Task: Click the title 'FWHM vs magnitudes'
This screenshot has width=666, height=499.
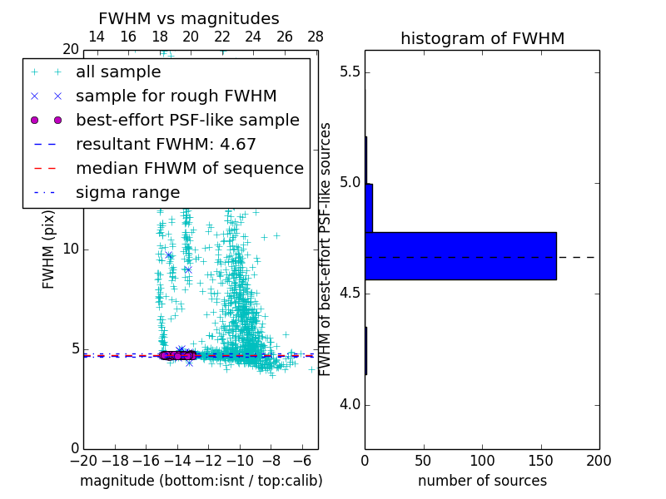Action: click(188, 18)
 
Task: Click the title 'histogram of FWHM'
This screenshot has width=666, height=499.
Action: click(482, 38)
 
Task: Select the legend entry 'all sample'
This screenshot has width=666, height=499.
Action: click(118, 72)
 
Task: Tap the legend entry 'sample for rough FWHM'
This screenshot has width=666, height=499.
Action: click(176, 96)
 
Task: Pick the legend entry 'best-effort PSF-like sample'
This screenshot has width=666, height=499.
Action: click(187, 120)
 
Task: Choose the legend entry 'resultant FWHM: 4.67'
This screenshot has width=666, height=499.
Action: click(166, 144)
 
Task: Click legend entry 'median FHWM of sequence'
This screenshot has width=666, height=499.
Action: click(189, 168)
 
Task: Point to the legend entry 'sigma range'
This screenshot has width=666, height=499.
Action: click(127, 192)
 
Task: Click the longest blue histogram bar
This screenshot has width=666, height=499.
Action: click(460, 255)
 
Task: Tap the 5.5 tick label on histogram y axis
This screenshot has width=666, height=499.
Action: click(349, 72)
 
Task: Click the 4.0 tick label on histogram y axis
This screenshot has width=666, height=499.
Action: click(349, 405)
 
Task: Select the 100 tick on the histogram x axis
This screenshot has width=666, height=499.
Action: click(482, 460)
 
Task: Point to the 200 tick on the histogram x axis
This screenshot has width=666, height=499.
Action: click(599, 460)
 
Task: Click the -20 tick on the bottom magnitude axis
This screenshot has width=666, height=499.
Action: click(83, 460)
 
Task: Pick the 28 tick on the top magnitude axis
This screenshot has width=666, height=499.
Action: click(316, 37)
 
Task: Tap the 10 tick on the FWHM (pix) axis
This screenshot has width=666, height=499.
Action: click(71, 249)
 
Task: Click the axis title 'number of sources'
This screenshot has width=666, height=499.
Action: click(482, 481)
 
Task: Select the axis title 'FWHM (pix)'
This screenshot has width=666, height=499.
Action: click(49, 249)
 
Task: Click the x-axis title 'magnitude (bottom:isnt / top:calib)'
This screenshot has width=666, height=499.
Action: click(201, 481)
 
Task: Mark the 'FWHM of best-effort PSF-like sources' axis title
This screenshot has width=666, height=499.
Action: click(326, 249)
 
